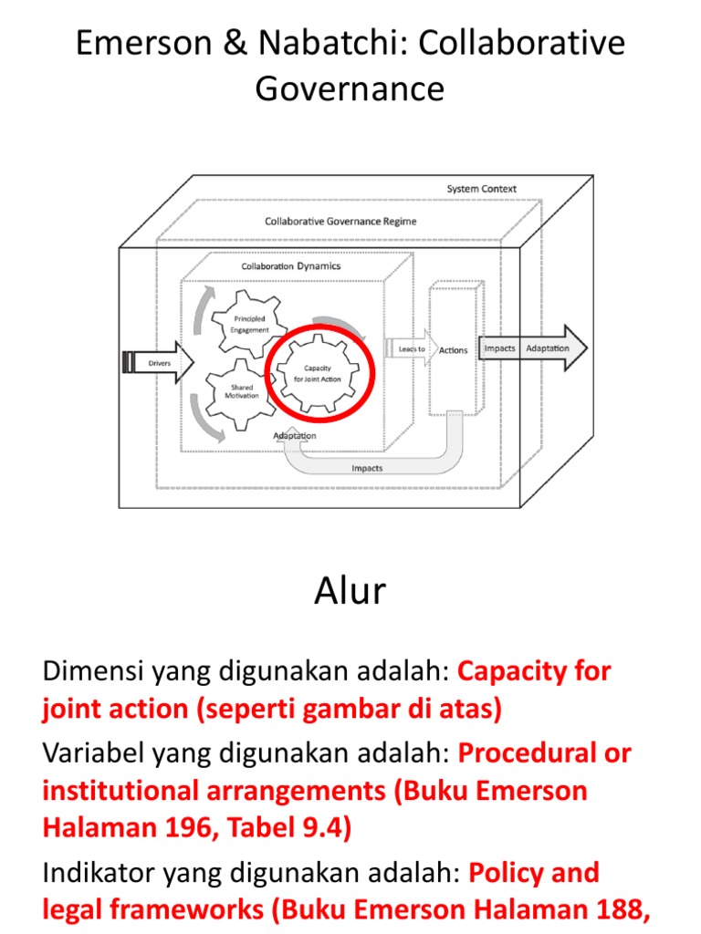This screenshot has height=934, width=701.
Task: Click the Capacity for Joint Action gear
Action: (322, 373)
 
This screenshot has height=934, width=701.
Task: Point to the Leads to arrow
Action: (411, 349)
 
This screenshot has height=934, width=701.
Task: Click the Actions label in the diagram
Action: (454, 350)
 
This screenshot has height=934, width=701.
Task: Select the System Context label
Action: (481, 189)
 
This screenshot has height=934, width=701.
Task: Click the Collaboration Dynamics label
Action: (290, 266)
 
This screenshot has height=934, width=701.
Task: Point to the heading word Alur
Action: (350, 592)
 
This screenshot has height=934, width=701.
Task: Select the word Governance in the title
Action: (350, 88)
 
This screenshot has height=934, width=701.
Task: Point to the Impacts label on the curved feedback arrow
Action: (367, 468)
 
